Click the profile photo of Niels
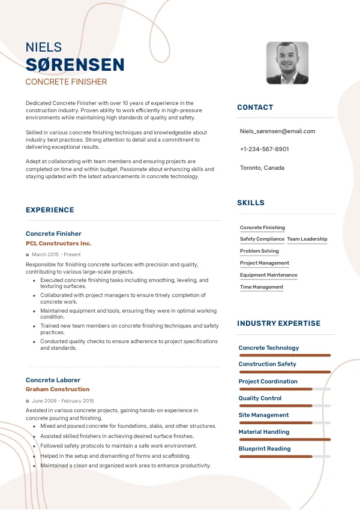click(287, 63)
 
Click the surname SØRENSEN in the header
click(75, 65)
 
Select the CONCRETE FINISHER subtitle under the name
click(66, 82)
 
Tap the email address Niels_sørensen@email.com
click(277, 131)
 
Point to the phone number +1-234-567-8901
click(264, 149)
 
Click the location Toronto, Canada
click(262, 167)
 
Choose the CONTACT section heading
click(255, 107)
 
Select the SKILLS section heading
click(251, 203)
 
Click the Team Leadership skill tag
click(307, 239)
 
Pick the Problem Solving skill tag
click(259, 251)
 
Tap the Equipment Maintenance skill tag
click(268, 275)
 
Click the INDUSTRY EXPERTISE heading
click(278, 323)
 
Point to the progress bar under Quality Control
click(285, 406)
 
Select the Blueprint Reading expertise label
click(265, 449)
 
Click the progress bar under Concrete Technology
click(285, 355)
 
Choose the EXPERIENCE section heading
click(50, 210)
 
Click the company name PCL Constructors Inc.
click(58, 244)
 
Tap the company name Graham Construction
click(58, 389)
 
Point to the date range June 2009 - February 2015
click(62, 400)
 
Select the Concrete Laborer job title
click(53, 380)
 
